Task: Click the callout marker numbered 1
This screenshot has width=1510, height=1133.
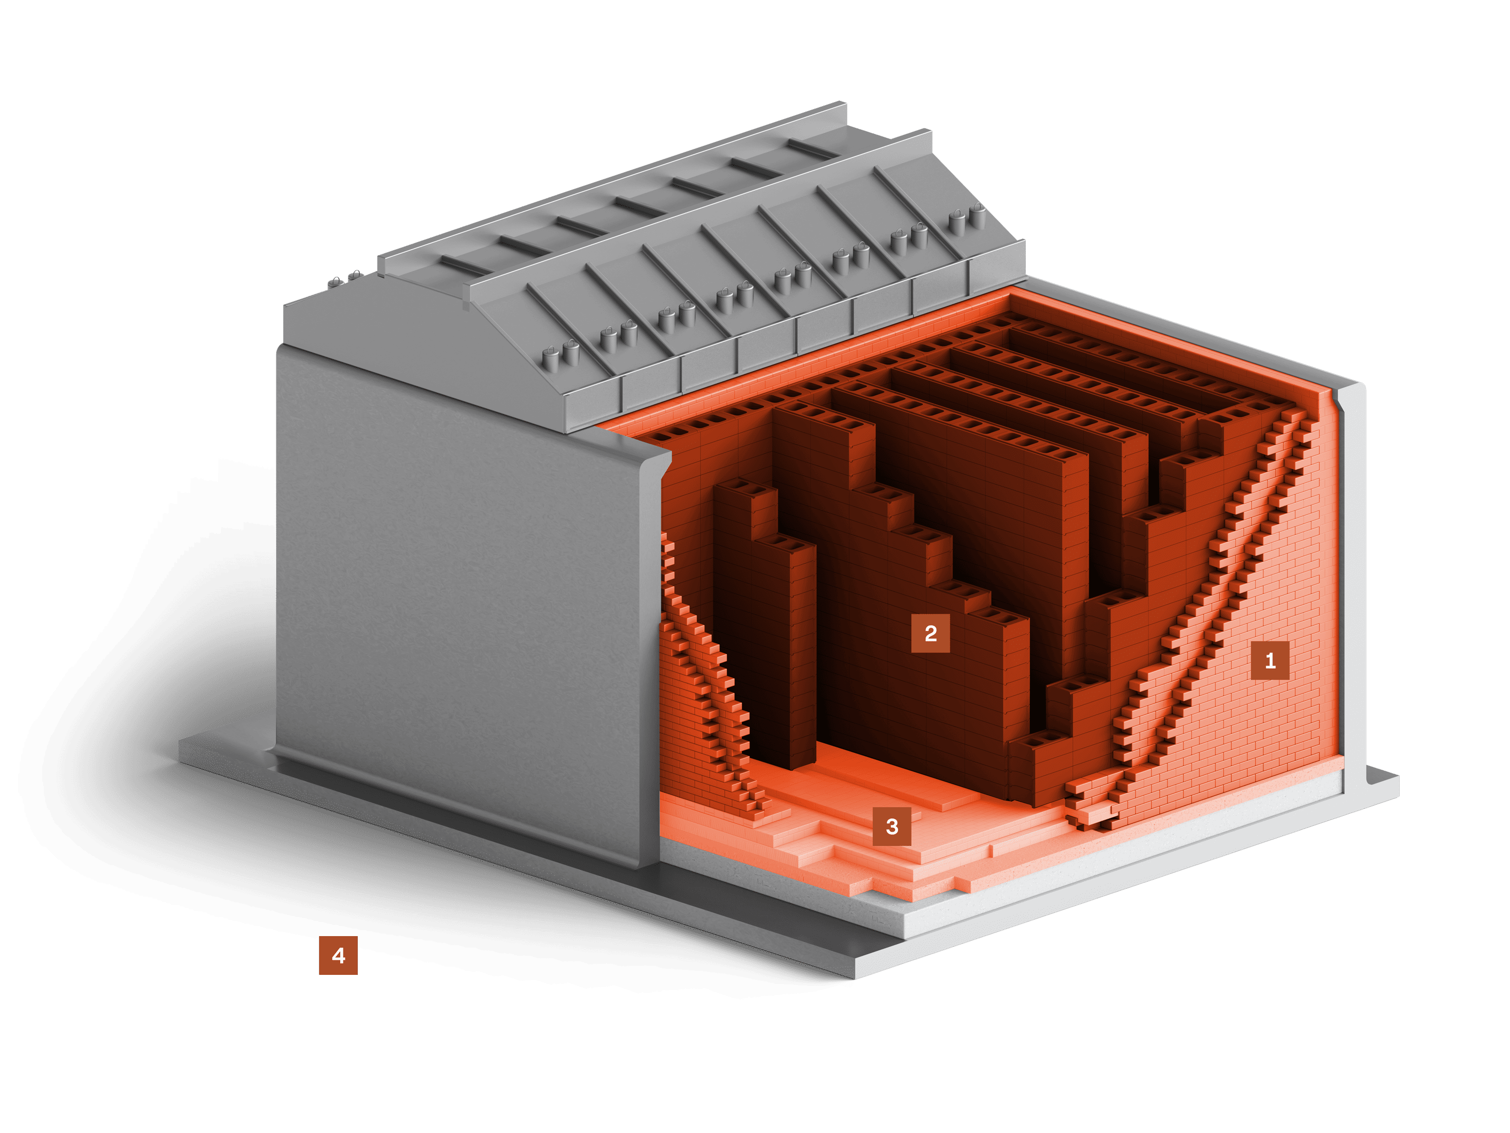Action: [x=1270, y=660]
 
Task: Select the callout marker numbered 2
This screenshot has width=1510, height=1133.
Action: [x=930, y=633]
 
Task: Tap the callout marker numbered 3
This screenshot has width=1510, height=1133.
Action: [x=891, y=826]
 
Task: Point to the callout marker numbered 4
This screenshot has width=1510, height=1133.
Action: [x=338, y=955]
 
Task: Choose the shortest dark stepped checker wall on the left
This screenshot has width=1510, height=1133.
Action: [x=765, y=615]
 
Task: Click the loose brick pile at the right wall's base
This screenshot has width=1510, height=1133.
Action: [x=1092, y=806]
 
